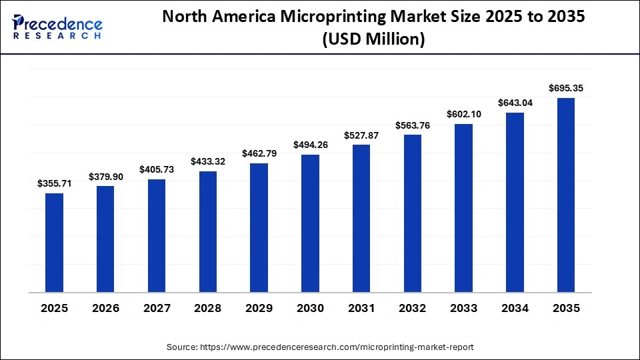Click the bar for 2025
pyautogui.click(x=54, y=243)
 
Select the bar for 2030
pyautogui.click(x=310, y=223)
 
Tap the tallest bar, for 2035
pyautogui.click(x=566, y=195)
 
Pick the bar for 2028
pyautogui.click(x=207, y=232)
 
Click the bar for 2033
pyautogui.click(x=463, y=208)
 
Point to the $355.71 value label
pyautogui.click(x=54, y=183)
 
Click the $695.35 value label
pyautogui.click(x=566, y=88)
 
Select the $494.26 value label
pyautogui.click(x=310, y=145)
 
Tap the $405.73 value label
pyautogui.click(x=157, y=169)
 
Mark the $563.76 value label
pyautogui.click(x=413, y=125)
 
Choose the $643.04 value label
pyautogui.click(x=515, y=103)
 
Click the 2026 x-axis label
pyautogui.click(x=105, y=308)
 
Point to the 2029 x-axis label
pyautogui.click(x=259, y=308)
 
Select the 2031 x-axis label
pyautogui.click(x=361, y=308)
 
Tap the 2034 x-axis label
pyautogui.click(x=515, y=308)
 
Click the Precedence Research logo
pyautogui.click(x=57, y=27)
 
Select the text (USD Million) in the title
pyautogui.click(x=373, y=40)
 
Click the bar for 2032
pyautogui.click(x=413, y=213)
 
